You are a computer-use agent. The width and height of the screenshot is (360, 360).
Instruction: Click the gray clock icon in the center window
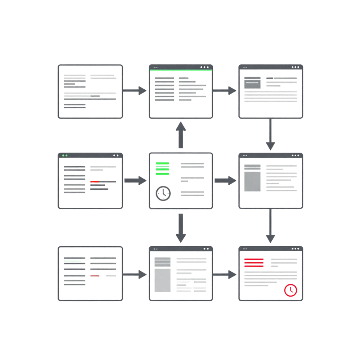163,193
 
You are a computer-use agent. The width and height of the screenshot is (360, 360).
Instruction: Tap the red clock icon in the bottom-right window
291,290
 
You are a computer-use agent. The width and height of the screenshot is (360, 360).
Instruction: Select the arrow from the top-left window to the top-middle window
135,90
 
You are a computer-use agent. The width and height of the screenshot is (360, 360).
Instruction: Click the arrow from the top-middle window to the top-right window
225,90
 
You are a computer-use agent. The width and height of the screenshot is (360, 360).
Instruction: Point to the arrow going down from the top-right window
270,135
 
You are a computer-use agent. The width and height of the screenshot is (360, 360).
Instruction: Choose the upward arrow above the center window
181,135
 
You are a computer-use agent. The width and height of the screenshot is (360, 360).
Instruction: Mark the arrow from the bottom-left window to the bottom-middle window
135,274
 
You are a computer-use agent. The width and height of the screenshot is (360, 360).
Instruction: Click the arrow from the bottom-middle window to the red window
225,274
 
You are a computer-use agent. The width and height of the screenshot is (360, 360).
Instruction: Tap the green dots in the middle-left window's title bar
64,156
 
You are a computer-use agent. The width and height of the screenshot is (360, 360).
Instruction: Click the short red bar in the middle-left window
95,181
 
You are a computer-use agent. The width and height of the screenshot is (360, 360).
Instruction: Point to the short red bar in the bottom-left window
95,275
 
